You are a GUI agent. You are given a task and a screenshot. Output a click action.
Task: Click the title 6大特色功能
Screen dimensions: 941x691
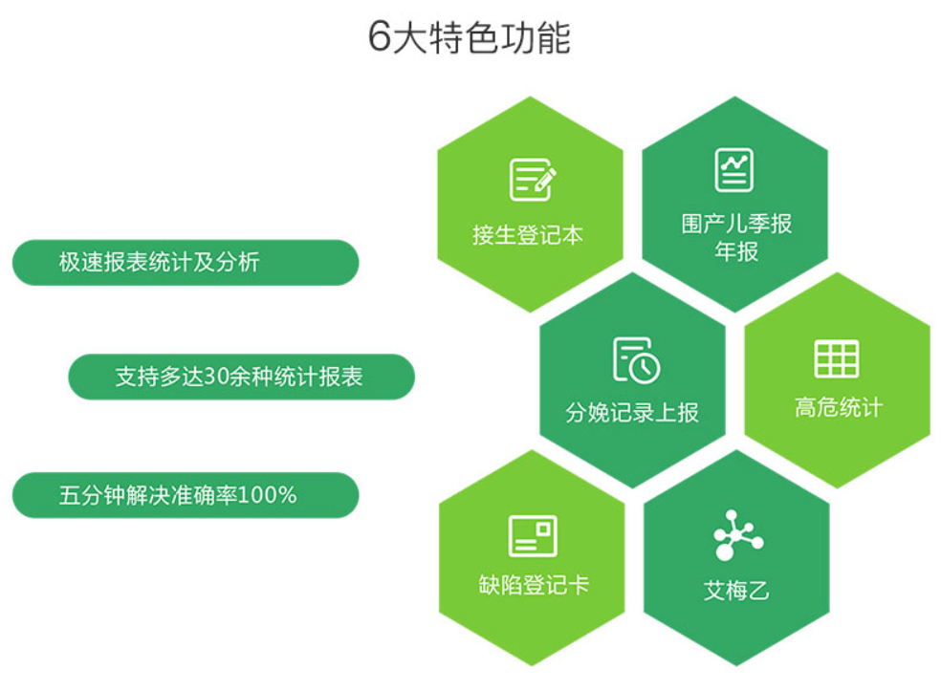tap(469, 37)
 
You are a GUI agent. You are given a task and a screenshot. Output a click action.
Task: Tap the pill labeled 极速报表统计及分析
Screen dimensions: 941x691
tap(186, 263)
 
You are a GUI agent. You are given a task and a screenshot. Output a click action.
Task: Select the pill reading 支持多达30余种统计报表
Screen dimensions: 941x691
tap(241, 377)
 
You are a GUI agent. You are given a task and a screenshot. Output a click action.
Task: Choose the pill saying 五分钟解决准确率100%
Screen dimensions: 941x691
tap(186, 495)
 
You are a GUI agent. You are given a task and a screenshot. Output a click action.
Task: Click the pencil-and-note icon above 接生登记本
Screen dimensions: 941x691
tap(533, 180)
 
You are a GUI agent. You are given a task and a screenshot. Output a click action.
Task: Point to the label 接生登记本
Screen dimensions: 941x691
tap(528, 235)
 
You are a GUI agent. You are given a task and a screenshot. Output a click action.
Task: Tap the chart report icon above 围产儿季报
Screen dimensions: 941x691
tap(733, 170)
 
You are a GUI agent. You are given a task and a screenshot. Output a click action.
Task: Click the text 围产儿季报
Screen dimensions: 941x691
tap(736, 225)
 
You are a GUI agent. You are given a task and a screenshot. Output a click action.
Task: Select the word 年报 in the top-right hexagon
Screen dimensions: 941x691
tap(736, 251)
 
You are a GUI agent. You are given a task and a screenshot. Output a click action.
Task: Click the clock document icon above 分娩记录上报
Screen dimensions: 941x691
tap(636, 360)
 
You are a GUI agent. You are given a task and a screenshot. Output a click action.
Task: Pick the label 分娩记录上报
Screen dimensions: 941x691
tap(632, 413)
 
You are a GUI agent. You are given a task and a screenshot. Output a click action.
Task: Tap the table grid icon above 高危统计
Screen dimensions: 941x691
tap(837, 358)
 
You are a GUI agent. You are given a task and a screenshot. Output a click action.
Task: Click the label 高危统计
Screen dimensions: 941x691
tap(839, 407)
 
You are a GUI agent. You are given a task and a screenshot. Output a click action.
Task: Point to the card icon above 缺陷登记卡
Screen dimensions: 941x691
tap(533, 535)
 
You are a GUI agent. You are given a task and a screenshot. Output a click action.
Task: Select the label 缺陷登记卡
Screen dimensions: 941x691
tap(534, 586)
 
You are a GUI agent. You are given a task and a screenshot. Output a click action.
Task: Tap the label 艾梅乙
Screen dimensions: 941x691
tap(736, 591)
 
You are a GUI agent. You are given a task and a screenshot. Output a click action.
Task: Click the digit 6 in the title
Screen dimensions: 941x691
tap(380, 37)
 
